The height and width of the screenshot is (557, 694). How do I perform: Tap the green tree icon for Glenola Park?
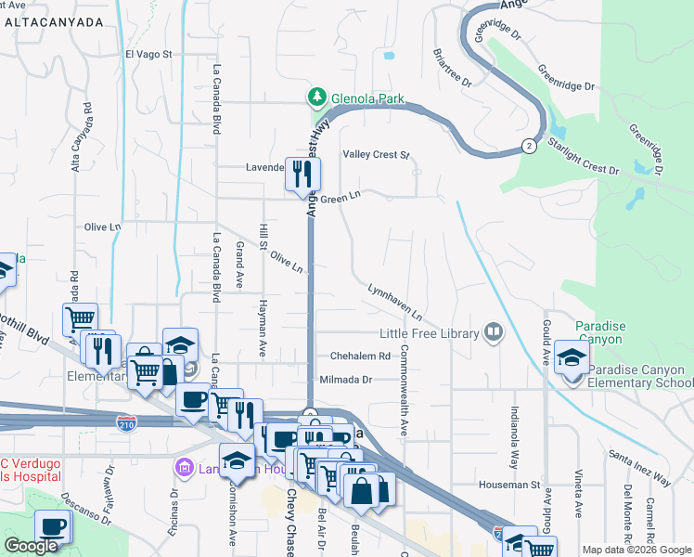pyautogui.click(x=316, y=97)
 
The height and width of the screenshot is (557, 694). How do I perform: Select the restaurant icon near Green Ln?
pyautogui.click(x=302, y=175)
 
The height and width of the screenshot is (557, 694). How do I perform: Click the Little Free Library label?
pyautogui.click(x=430, y=333)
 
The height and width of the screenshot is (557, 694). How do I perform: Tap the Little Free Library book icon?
pyautogui.click(x=494, y=332)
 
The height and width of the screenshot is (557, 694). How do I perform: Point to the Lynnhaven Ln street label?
pyautogui.click(x=395, y=302)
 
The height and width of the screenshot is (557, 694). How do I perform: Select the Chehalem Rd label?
pyautogui.click(x=360, y=356)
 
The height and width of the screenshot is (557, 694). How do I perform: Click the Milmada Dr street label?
pyautogui.click(x=345, y=380)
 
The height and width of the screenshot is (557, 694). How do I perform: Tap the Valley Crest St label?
pyautogui.click(x=376, y=155)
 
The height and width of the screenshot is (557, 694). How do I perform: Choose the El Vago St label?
pyautogui.click(x=149, y=54)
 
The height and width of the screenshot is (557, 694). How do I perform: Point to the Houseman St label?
pyautogui.click(x=508, y=485)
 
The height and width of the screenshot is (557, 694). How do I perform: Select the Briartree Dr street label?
pyautogui.click(x=454, y=69)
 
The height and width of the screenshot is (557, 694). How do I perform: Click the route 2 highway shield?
pyautogui.click(x=528, y=146)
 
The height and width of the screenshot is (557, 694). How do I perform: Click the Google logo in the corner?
pyautogui.click(x=32, y=546)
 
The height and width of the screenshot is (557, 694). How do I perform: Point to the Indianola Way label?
pyautogui.click(x=513, y=435)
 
